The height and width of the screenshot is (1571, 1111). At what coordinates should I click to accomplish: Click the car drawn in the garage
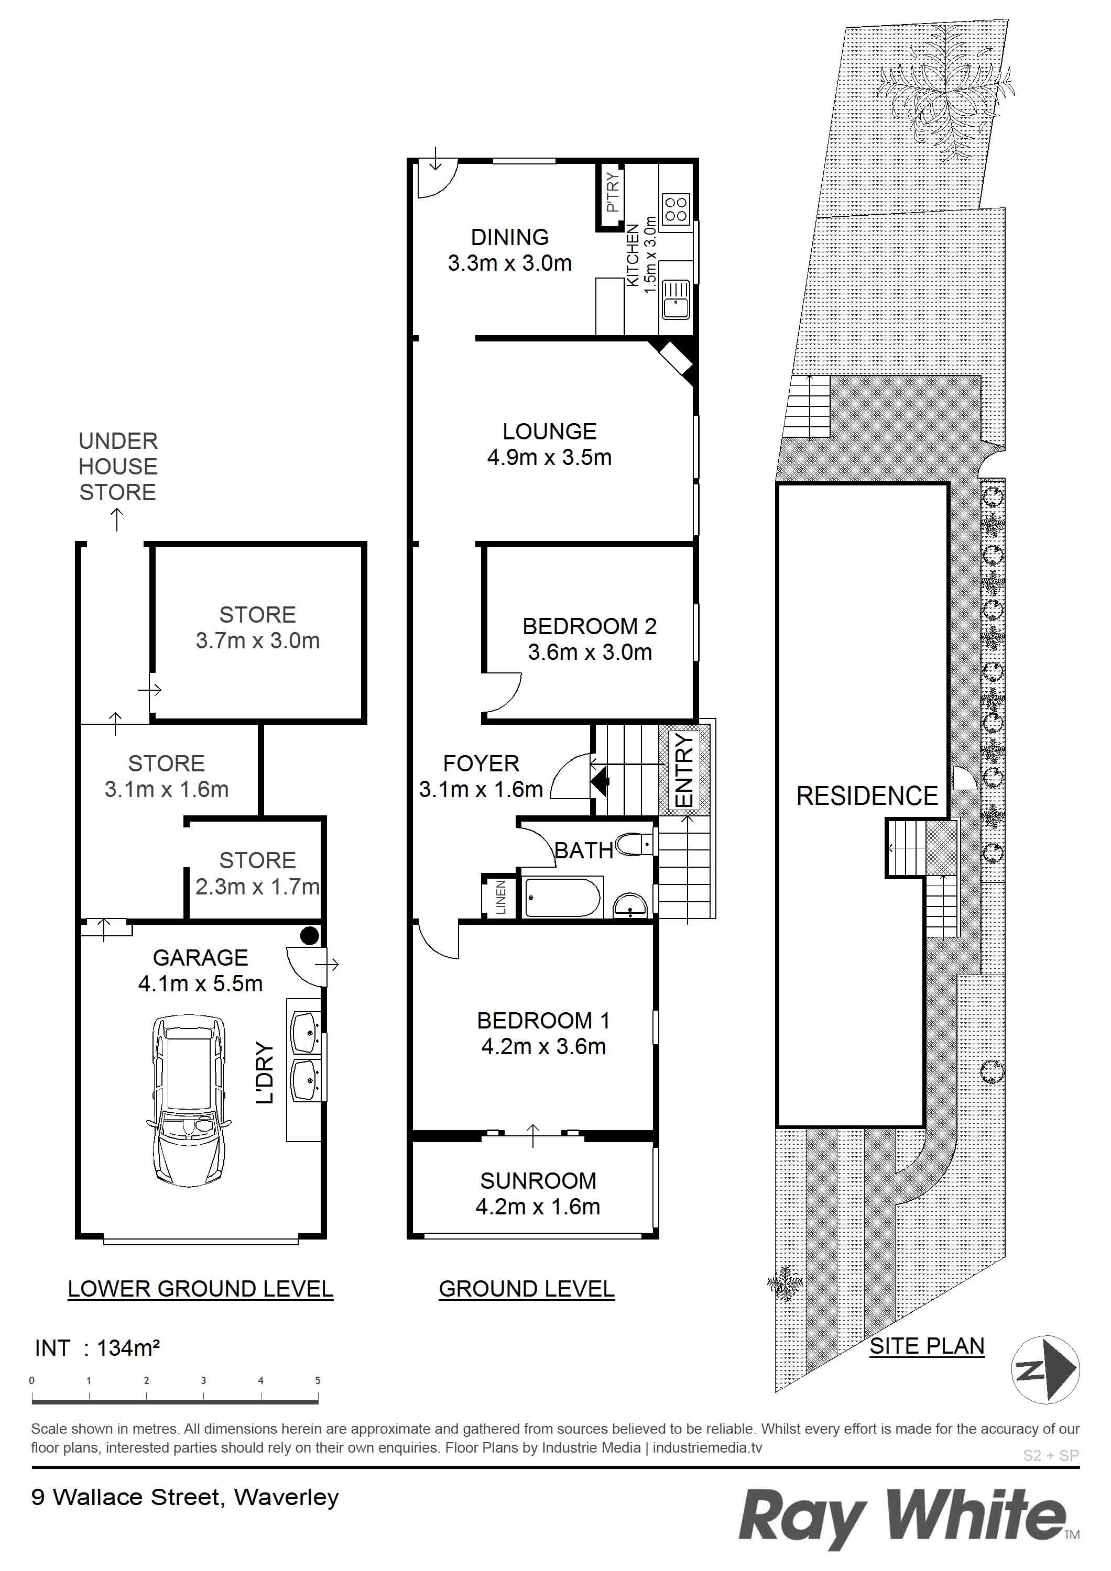pyautogui.click(x=187, y=1101)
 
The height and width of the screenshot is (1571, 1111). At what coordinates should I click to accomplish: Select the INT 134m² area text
pyautogui.click(x=97, y=1347)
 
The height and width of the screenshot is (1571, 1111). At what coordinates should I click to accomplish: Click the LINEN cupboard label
pyautogui.click(x=500, y=897)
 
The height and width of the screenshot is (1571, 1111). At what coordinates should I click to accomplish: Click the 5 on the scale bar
pyautogui.click(x=318, y=1380)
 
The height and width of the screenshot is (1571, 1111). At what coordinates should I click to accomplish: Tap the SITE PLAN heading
pyautogui.click(x=927, y=1346)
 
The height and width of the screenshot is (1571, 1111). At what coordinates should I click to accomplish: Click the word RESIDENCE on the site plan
pyautogui.click(x=867, y=796)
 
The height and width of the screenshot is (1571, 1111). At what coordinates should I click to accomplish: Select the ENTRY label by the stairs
pyautogui.click(x=684, y=770)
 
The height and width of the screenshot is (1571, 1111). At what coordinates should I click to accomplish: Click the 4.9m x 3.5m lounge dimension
pyautogui.click(x=550, y=457)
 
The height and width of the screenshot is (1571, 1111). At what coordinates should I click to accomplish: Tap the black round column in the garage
pyautogui.click(x=309, y=935)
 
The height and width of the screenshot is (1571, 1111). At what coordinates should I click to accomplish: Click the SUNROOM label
pyautogui.click(x=538, y=1180)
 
